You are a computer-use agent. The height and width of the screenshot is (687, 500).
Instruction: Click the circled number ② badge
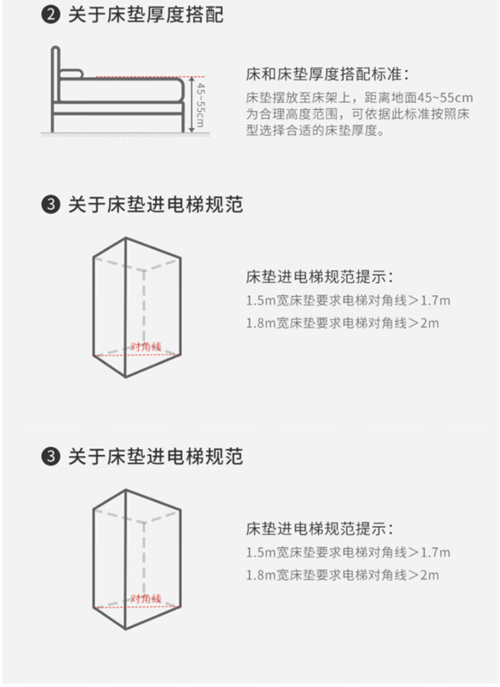click(x=51, y=15)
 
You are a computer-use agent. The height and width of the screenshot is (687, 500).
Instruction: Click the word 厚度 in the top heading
click(x=165, y=15)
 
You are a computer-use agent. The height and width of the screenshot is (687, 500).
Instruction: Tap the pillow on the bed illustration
click(x=71, y=73)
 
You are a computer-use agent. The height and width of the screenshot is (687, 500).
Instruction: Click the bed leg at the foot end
click(x=182, y=123)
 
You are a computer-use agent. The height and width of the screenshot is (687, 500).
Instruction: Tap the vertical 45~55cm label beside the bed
click(x=200, y=104)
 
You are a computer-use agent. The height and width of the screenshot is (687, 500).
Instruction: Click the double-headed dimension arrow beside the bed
click(x=191, y=104)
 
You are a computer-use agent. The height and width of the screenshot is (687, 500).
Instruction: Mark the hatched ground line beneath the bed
click(x=124, y=134)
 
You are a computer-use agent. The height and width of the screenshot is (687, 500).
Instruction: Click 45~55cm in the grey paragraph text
click(x=444, y=98)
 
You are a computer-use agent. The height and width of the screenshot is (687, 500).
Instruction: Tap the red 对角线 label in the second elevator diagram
click(x=146, y=598)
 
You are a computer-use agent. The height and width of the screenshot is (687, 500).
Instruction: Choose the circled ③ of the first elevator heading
click(x=51, y=205)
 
